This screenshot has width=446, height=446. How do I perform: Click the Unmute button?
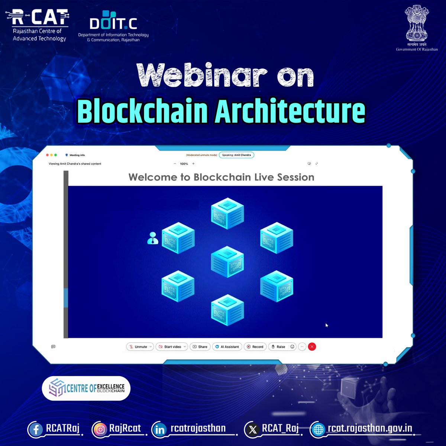(140, 347)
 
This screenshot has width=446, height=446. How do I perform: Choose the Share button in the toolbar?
(200, 347)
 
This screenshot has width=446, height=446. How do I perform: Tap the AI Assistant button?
(227, 347)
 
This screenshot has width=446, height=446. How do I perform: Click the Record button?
(255, 347)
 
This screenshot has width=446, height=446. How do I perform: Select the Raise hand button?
(278, 347)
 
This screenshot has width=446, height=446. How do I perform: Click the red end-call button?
(312, 347)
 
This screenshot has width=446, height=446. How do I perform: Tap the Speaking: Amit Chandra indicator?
(236, 155)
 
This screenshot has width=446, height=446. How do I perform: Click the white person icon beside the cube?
(152, 238)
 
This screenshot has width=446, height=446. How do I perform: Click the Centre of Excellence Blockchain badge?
(86, 388)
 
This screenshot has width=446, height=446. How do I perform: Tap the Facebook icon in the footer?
(36, 430)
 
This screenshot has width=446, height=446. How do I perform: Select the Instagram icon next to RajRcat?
(100, 430)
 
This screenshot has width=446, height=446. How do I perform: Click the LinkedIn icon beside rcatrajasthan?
(160, 430)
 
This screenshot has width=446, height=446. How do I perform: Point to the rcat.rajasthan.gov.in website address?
(369, 429)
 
